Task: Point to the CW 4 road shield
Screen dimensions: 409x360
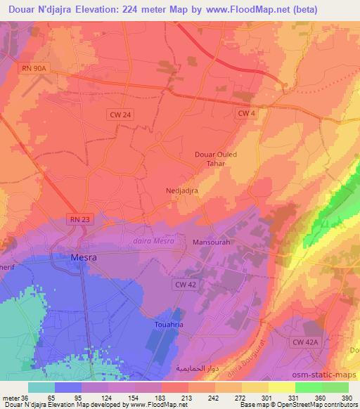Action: coord(245,112)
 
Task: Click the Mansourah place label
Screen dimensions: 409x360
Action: coord(211,242)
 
